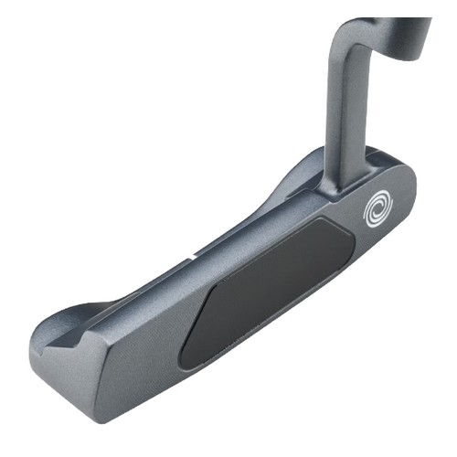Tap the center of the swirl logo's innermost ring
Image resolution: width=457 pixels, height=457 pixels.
[377, 211]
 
